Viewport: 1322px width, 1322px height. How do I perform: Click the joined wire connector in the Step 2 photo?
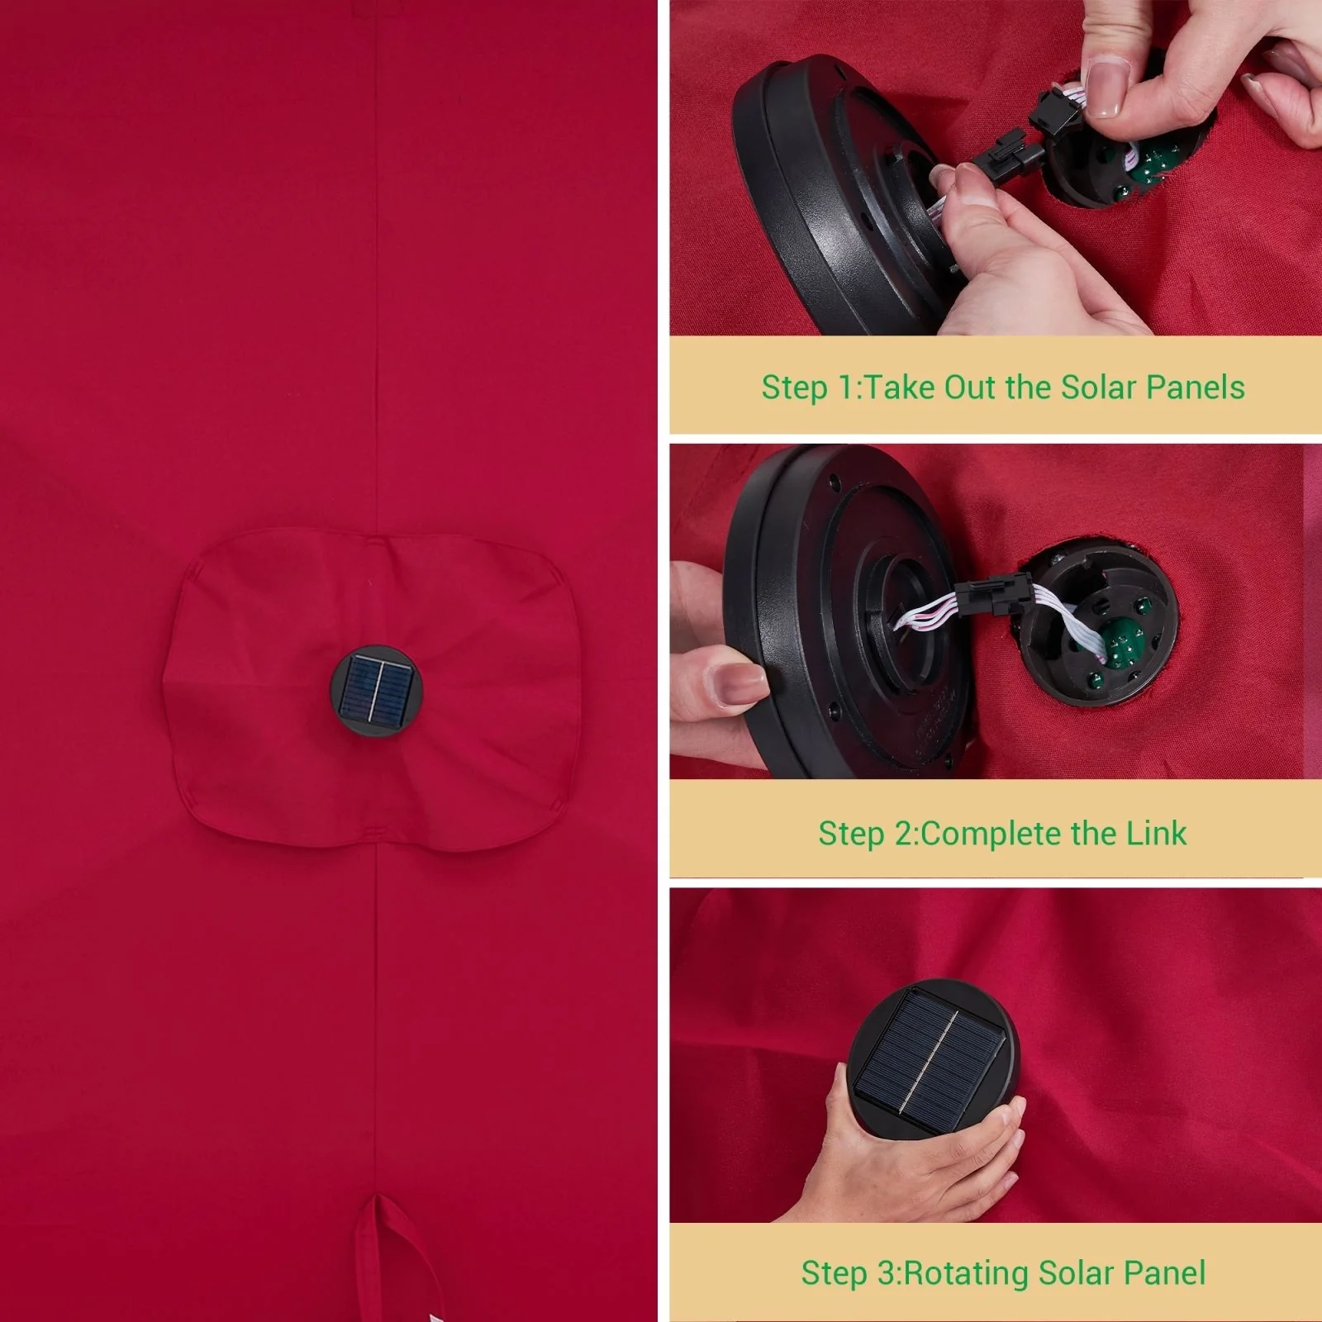(x=992, y=592)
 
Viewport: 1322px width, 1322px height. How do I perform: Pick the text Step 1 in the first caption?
(x=807, y=388)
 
